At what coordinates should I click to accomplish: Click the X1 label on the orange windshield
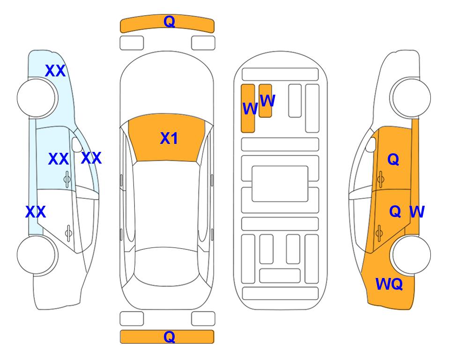pyautogui.click(x=169, y=138)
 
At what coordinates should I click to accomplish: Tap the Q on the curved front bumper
pyautogui.click(x=170, y=22)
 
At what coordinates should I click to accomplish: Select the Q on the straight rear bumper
pyautogui.click(x=170, y=337)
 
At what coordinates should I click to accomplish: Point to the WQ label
pyautogui.click(x=389, y=284)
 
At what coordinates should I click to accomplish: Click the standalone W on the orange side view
pyautogui.click(x=417, y=212)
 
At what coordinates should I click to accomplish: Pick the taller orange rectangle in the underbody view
pyautogui.click(x=248, y=108)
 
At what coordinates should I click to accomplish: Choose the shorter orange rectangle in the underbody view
pyautogui.click(x=265, y=101)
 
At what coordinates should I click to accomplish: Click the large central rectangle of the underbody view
pyautogui.click(x=280, y=184)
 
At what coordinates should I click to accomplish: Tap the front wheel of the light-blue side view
pyautogui.click(x=36, y=98)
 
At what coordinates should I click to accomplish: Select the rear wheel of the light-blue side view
pyautogui.click(x=36, y=255)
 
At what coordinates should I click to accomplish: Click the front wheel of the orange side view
pyautogui.click(x=412, y=98)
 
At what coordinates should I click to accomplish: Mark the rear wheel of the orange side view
pyautogui.click(x=412, y=255)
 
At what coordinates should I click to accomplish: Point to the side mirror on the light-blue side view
pyautogui.click(x=76, y=145)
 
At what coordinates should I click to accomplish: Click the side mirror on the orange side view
pyautogui.click(x=371, y=145)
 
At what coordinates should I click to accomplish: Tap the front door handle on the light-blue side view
pyautogui.click(x=67, y=180)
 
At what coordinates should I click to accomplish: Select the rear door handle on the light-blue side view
pyautogui.click(x=68, y=232)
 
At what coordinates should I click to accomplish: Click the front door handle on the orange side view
pyautogui.click(x=381, y=180)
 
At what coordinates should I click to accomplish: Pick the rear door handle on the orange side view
pyautogui.click(x=379, y=232)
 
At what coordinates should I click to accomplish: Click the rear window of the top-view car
pyautogui.click(x=167, y=266)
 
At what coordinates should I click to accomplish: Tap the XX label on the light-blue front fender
pyautogui.click(x=56, y=71)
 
